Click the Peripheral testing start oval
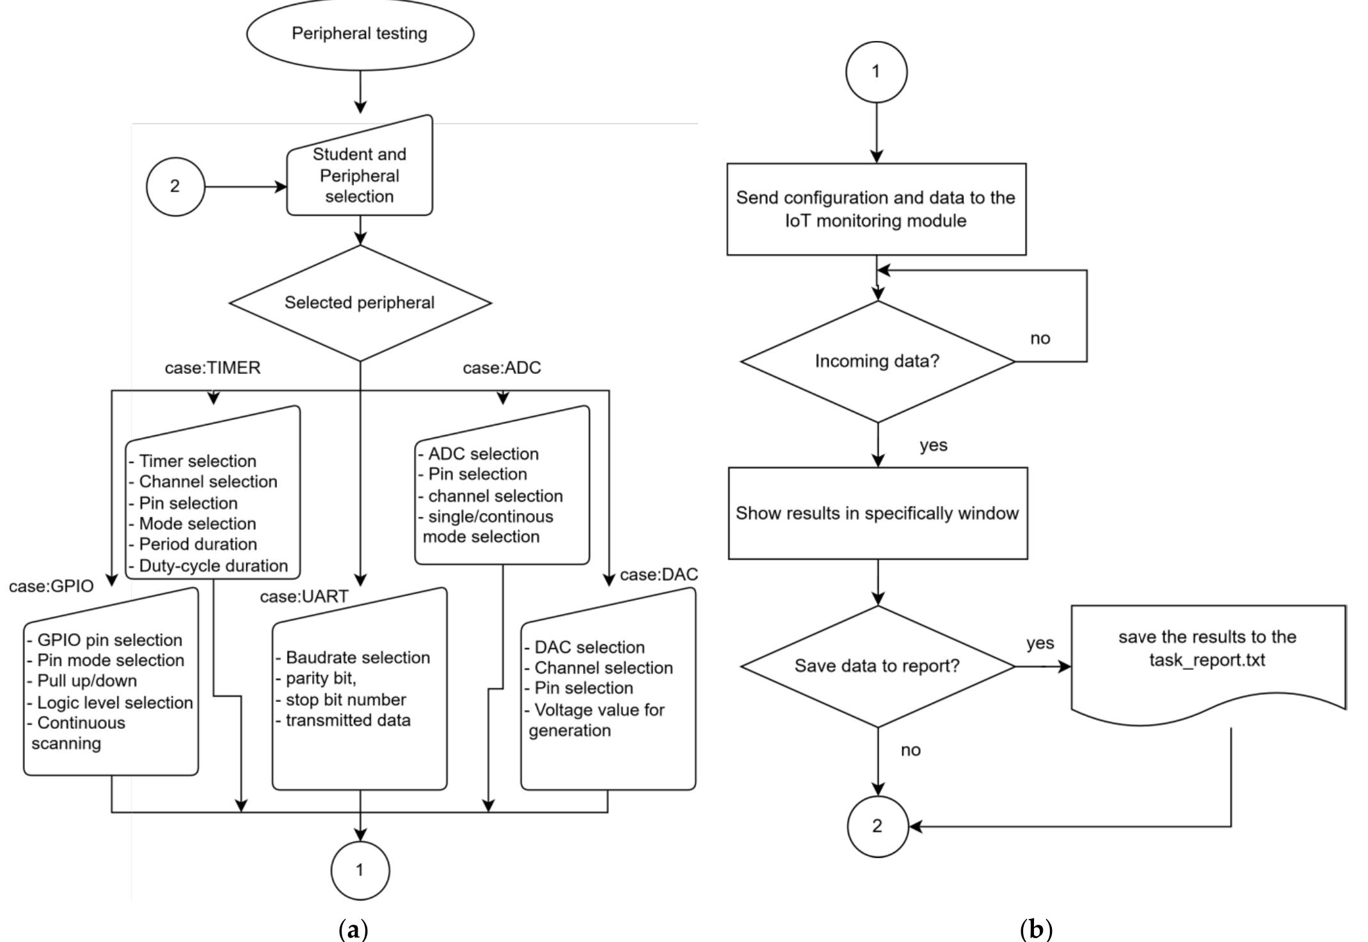point(360,33)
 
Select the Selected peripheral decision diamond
point(360,303)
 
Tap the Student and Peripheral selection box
point(360,175)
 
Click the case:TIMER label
point(212,368)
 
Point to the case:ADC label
point(502,368)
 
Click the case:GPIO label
point(51,587)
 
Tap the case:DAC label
point(658,575)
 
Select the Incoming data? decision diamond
point(877,361)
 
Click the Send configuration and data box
point(876,209)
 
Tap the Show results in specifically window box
point(877,514)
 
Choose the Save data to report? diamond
point(877,666)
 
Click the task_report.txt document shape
point(1207,660)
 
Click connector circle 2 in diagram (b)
point(877,826)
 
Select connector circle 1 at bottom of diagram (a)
point(360,870)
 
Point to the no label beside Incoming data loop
point(1040,339)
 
